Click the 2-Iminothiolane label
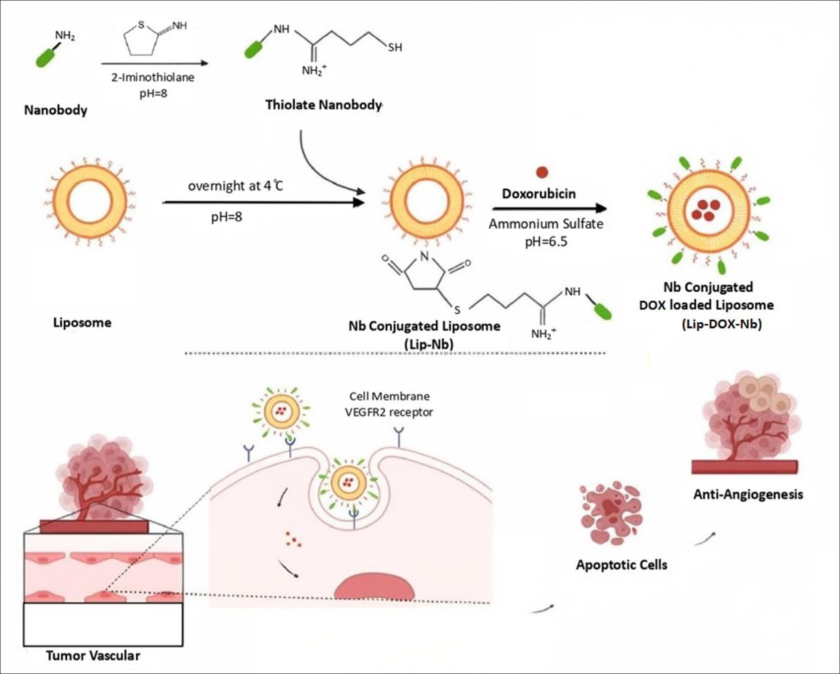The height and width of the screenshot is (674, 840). point(153,77)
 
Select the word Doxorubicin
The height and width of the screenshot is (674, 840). point(539,194)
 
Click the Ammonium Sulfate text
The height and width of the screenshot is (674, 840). point(546,224)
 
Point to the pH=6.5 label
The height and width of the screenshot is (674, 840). point(546,242)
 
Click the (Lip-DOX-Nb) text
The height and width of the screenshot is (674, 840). point(722,324)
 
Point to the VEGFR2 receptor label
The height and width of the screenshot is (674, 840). point(389,412)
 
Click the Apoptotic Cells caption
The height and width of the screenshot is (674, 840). point(621,565)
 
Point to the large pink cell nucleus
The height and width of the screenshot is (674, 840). point(374,588)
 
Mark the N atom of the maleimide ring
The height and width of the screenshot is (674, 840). point(425,256)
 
